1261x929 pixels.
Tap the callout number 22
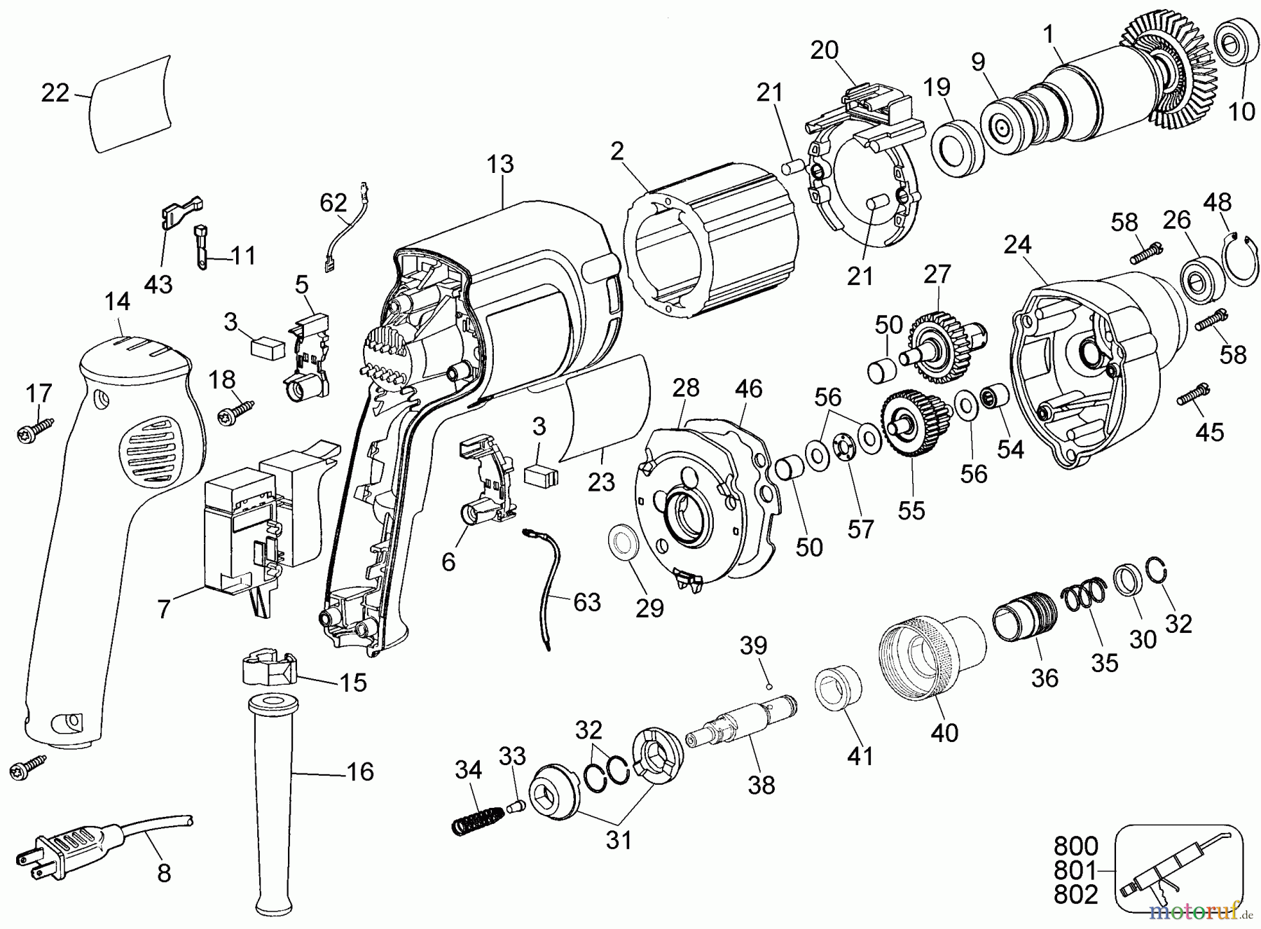pyautogui.click(x=55, y=92)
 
